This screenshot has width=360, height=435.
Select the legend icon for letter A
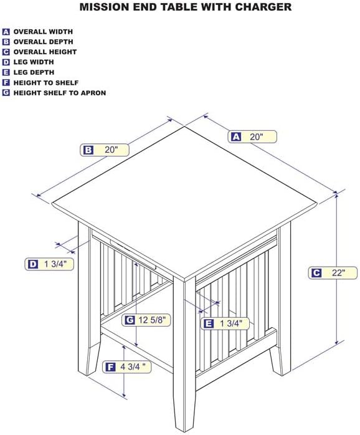6,32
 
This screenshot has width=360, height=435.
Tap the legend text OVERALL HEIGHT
45,52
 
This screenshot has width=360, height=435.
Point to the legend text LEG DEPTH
34,72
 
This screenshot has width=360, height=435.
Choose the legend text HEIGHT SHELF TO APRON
60,93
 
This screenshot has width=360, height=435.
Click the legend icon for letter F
6,83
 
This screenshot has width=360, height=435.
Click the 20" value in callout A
257,136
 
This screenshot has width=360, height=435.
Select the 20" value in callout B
111,150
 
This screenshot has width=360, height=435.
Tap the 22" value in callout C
339,273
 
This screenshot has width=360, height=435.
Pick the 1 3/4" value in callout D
55,264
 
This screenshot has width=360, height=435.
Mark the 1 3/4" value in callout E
231,323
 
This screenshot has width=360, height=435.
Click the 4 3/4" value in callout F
133,366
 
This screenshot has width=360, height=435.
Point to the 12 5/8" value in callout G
152,320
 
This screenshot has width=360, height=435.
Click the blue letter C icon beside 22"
316,273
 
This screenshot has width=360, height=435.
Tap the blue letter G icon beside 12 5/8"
130,320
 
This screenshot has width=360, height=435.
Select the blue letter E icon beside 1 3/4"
209,323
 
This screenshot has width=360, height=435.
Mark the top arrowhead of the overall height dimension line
336,196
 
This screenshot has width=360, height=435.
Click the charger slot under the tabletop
133,254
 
